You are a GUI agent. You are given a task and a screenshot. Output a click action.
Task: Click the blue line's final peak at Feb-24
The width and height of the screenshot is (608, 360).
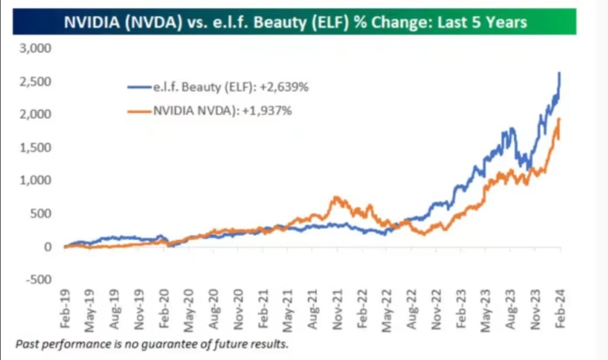coord(560,73)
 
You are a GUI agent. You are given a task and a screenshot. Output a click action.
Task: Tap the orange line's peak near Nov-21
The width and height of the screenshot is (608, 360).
coord(336,197)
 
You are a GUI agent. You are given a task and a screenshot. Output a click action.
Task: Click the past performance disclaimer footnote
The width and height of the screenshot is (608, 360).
coord(152,344)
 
